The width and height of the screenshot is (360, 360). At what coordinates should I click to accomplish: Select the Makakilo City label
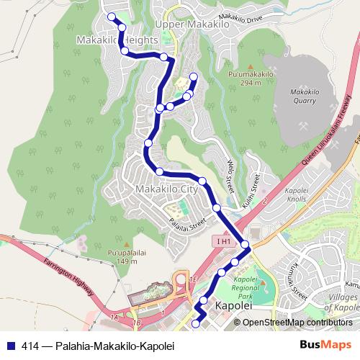pos(166,189)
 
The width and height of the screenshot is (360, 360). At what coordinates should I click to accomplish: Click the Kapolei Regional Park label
pos(246,288)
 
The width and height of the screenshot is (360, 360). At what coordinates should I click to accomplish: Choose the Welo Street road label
pos(231,174)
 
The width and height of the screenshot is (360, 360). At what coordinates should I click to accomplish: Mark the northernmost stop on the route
pos(111,17)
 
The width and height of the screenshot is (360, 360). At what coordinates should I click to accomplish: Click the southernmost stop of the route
pos(195,325)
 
